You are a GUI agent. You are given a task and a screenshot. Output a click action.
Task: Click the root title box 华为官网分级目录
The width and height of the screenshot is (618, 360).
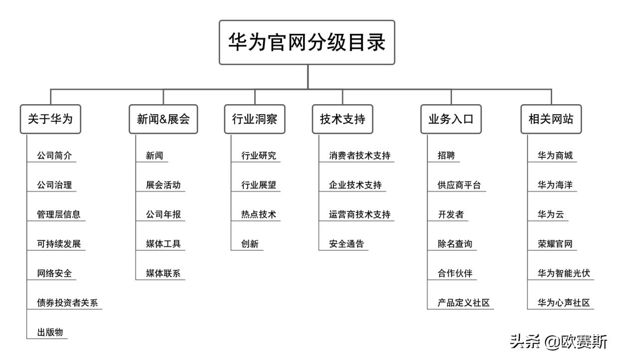[x=307, y=42]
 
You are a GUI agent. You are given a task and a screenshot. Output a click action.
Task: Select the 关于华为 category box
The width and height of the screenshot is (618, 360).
[x=50, y=119]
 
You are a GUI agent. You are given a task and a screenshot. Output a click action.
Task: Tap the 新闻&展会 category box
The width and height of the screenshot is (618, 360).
[x=163, y=119]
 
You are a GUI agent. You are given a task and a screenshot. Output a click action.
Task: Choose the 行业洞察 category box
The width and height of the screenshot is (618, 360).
[x=255, y=119]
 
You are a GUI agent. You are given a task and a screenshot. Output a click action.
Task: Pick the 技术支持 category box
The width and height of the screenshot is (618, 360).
[x=342, y=119]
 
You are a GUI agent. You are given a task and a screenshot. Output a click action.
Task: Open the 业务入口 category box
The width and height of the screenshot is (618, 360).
[x=451, y=119]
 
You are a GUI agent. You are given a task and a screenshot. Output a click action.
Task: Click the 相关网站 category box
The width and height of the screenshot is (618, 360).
[x=551, y=119]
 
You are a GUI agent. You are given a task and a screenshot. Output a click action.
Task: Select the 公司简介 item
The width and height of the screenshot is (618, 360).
[x=54, y=156]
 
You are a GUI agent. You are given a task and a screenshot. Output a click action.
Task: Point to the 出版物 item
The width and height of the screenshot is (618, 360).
[x=50, y=333]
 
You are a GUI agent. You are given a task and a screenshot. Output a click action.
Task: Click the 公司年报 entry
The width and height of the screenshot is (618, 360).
[x=163, y=215]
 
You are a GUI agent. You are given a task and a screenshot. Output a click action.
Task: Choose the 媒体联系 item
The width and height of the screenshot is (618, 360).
[x=163, y=274]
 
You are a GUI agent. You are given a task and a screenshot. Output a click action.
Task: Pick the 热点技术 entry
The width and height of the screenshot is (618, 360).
[x=258, y=215]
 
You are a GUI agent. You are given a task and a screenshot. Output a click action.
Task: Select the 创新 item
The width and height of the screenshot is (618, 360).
[x=249, y=244]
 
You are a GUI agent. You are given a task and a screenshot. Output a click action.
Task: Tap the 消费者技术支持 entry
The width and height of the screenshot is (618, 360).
[x=359, y=156]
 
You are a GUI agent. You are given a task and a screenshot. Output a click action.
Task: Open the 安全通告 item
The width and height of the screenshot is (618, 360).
[x=346, y=244]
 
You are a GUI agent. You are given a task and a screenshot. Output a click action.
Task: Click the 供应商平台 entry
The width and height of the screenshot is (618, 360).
[x=459, y=185]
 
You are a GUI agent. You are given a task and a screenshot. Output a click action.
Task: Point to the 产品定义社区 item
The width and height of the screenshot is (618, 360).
[x=463, y=303]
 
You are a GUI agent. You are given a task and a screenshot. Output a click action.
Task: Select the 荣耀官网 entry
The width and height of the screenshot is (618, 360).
[x=555, y=244]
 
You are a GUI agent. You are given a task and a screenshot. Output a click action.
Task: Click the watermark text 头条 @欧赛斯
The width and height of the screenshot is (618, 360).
[x=559, y=342]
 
